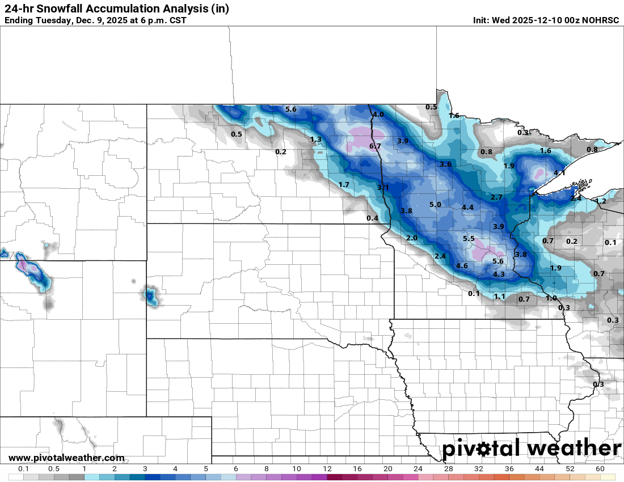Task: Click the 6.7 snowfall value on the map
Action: [x=375, y=146]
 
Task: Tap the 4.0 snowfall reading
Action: [x=378, y=115]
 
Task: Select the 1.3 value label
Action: [x=316, y=139]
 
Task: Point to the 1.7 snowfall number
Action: [x=344, y=185]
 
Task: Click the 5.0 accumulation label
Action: [x=435, y=205]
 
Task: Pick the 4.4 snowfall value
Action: [x=467, y=208]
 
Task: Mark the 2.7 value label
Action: [x=496, y=197]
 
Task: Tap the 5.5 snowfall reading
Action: [x=469, y=239]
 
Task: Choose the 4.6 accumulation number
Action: [x=462, y=266]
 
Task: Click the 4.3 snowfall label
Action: [x=499, y=274]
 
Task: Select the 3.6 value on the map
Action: [x=445, y=164]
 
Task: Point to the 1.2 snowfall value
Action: [x=601, y=201]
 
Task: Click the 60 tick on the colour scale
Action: [x=600, y=469]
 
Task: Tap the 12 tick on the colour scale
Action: [x=327, y=469]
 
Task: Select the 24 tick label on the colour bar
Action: [x=418, y=469]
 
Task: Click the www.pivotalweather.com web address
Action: [x=66, y=458]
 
